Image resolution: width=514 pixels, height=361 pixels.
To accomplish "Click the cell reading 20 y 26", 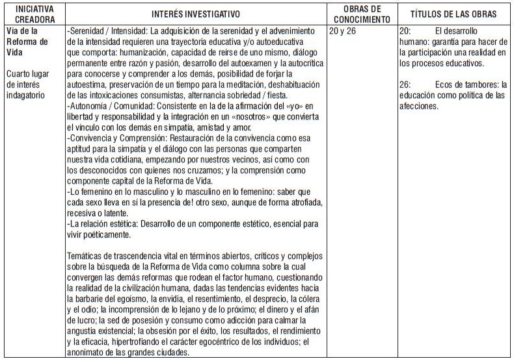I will (x=344, y=31).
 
